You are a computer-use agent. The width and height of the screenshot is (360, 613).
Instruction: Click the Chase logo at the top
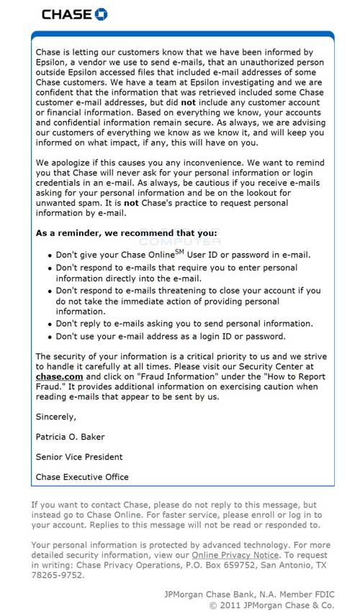tap(75, 14)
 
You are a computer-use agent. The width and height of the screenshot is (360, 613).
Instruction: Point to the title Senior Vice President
tap(79, 456)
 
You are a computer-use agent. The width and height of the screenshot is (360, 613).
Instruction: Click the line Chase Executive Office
tap(82, 476)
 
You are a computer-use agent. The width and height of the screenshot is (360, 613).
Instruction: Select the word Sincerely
tap(56, 416)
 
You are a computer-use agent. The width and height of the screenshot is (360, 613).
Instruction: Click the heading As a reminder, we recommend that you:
tap(126, 233)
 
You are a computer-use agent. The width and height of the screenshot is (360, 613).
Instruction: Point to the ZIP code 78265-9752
tap(58, 576)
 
